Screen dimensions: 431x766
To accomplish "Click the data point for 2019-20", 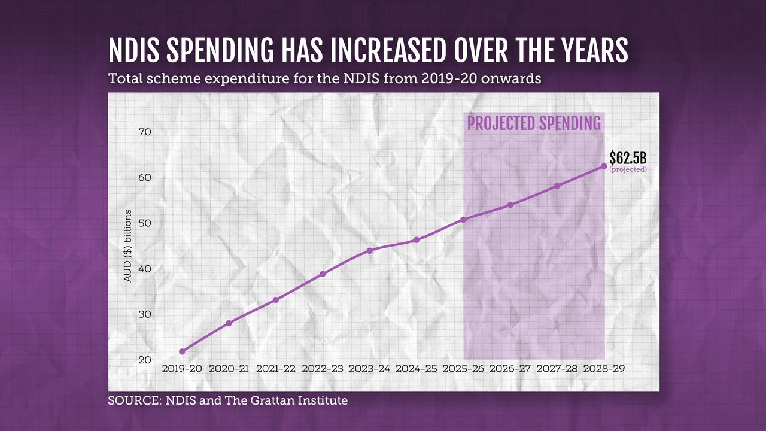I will [182, 351].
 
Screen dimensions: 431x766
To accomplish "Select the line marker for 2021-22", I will [276, 299].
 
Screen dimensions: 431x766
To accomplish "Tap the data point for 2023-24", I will [370, 250].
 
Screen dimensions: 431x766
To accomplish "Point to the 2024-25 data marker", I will [417, 240].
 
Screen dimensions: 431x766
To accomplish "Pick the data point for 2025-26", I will [464, 220].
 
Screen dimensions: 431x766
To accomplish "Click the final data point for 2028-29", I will [604, 166].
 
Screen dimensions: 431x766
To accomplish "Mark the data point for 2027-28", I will [557, 186].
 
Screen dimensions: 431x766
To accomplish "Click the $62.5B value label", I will [628, 158].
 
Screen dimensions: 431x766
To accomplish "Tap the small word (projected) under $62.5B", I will [628, 170].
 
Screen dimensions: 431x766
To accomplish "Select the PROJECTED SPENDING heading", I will [534, 124].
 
